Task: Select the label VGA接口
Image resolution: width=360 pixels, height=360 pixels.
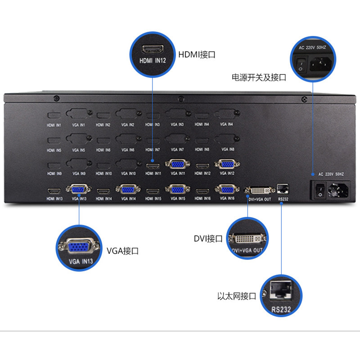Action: (122, 251)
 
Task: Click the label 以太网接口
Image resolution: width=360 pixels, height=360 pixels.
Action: (236, 296)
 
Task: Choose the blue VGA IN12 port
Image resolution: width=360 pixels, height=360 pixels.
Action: (226, 165)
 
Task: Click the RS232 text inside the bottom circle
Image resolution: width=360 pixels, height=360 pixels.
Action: (281, 309)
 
